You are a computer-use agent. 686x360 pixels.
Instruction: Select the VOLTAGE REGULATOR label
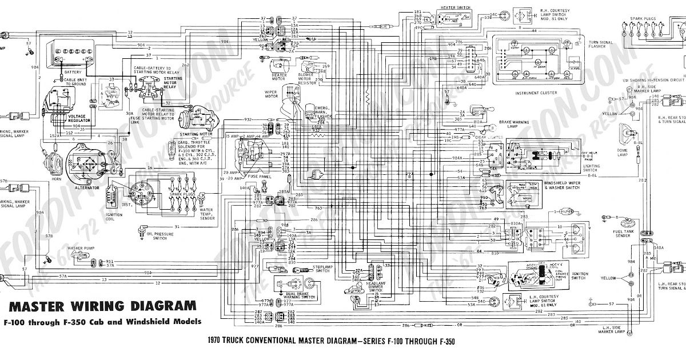[x=78, y=118]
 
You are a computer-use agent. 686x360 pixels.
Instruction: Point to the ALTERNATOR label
[x=86, y=187]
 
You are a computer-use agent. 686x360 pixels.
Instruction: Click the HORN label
[x=55, y=179]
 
